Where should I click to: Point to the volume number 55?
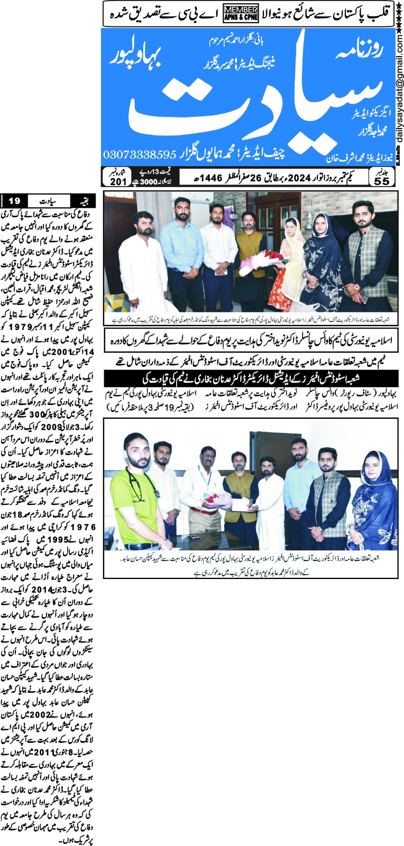[x=382, y=179]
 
